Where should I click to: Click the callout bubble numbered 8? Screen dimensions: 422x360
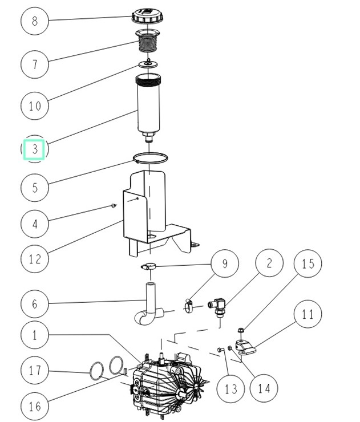tap(35, 22)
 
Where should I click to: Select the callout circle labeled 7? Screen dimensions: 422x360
tap(35, 63)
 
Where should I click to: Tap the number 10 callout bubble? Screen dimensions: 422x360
tap(35, 105)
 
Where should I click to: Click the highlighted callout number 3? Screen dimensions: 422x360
tap(35, 149)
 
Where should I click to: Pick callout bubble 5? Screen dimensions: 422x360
tap(35, 186)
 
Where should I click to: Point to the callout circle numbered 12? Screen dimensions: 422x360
tap(35, 259)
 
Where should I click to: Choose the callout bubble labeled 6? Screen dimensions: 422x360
tap(35, 303)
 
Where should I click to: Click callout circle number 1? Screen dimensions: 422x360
tap(35, 335)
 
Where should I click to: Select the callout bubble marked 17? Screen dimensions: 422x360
tap(35, 371)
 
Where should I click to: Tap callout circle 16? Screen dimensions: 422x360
tap(35, 405)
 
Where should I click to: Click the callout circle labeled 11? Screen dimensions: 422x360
tap(309, 314)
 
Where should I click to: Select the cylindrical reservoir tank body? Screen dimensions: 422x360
tap(148, 105)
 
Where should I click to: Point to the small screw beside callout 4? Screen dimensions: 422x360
tap(114, 206)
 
